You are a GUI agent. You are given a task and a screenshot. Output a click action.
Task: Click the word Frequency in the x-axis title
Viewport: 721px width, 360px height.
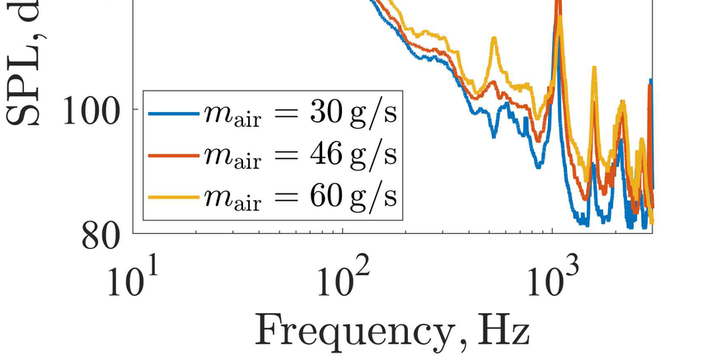(339, 331)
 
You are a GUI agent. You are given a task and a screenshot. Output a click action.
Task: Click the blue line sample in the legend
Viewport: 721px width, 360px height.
(174, 112)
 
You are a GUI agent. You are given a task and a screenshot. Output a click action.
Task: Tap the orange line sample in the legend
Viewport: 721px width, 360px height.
(174, 155)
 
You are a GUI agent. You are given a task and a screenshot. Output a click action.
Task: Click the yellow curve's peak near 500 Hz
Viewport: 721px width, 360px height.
(494, 39)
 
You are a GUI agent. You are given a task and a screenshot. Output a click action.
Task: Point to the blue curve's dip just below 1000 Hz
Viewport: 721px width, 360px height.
(538, 166)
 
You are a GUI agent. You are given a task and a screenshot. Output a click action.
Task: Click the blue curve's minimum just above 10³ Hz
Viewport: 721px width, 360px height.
(582, 221)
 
